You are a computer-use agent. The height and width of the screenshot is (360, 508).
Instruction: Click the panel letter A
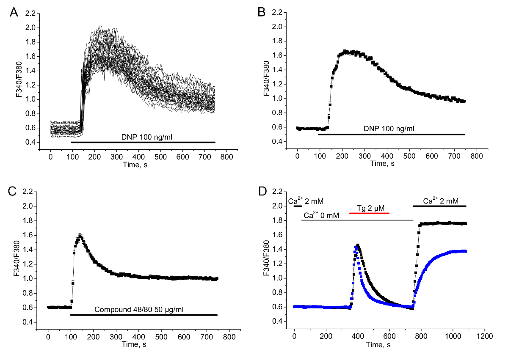click(x=14, y=13)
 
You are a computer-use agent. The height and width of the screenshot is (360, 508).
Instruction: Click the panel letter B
click(x=262, y=13)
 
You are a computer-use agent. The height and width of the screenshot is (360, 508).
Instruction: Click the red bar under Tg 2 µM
click(x=369, y=213)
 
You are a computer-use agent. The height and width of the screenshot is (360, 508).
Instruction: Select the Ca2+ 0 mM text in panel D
click(x=321, y=216)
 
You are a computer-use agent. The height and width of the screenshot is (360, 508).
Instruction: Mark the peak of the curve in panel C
click(x=79, y=235)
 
